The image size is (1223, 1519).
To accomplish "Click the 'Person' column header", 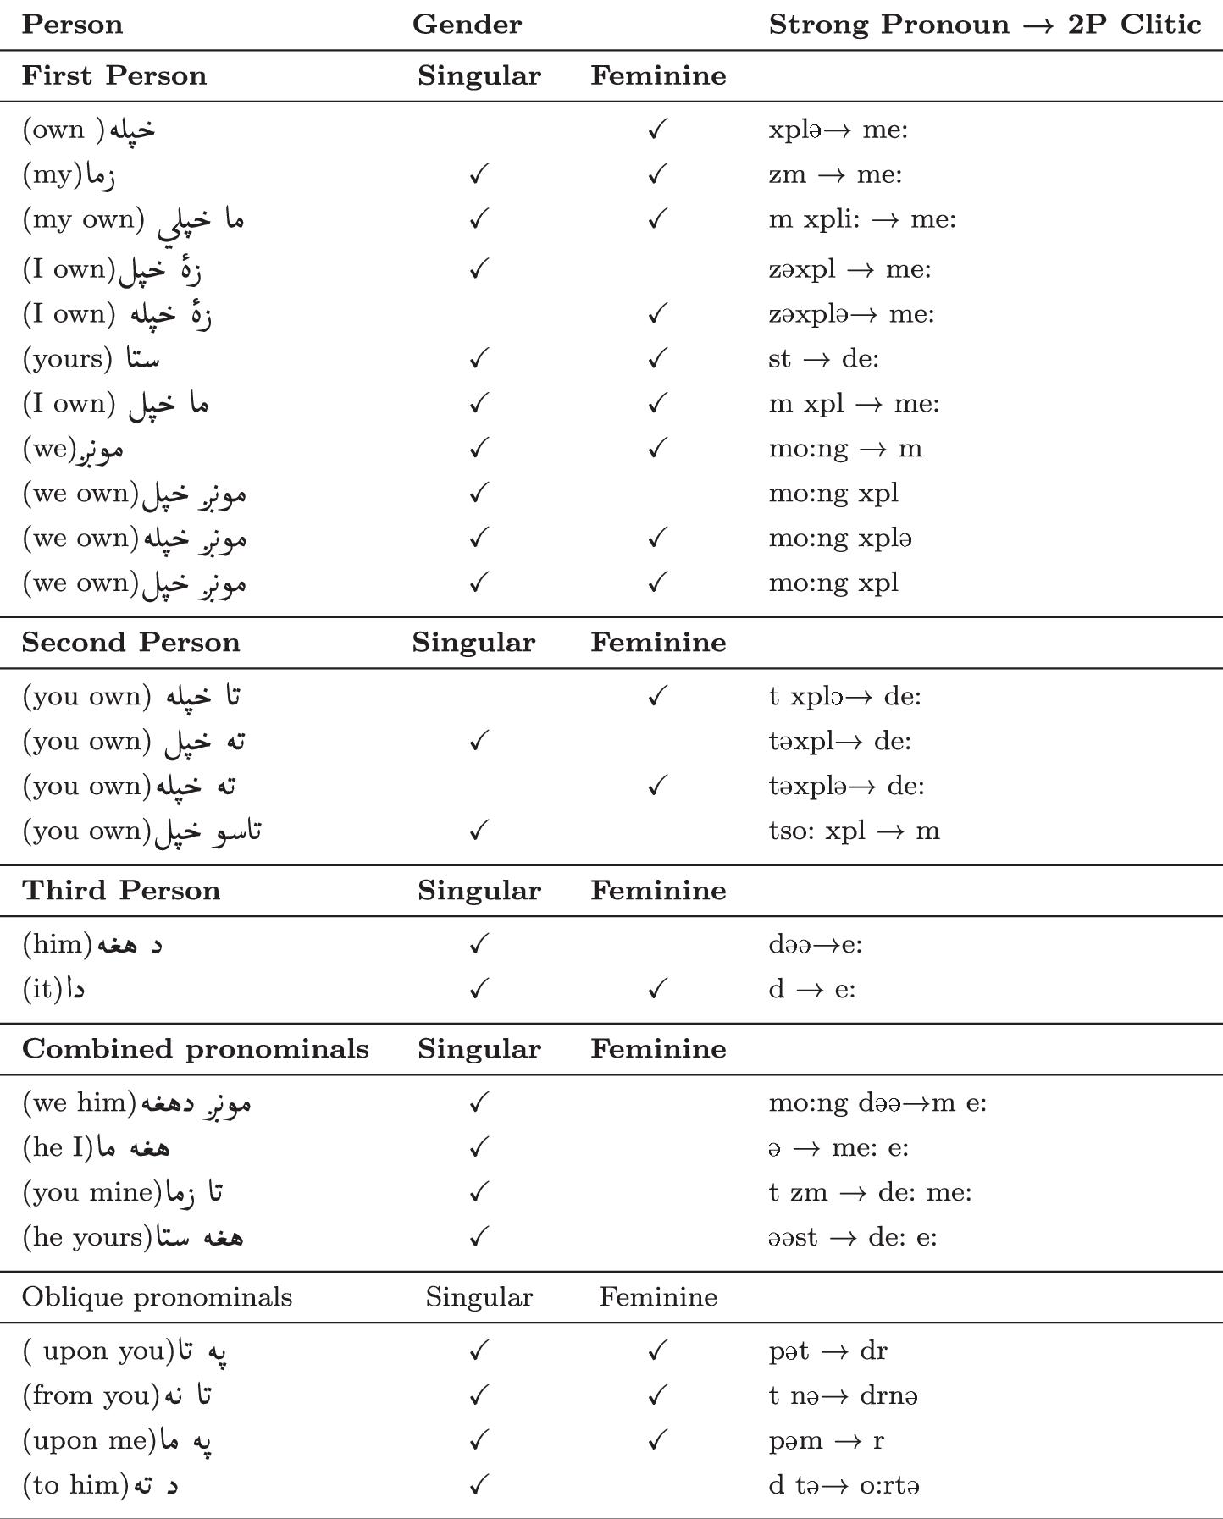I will point(72,25).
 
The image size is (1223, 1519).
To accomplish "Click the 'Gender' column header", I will point(467,25).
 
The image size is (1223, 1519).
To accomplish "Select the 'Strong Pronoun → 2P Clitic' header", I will point(984,25).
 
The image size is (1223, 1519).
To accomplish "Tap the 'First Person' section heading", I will point(114,75).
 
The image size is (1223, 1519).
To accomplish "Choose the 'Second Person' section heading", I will point(131,643).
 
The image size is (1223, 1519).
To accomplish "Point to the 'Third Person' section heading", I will point(121,891).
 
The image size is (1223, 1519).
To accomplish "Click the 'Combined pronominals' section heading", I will point(196,1049).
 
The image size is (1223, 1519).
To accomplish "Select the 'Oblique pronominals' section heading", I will point(158,1297).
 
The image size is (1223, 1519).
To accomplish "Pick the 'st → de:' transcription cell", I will point(823,359).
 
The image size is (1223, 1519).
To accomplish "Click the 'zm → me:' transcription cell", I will point(835,174).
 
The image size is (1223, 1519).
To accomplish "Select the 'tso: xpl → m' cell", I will point(854,831).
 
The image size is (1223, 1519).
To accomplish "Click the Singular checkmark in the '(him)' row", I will point(479,943).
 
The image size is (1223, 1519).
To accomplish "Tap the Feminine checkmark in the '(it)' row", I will point(657,989).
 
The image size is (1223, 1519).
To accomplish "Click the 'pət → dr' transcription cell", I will point(827,1351).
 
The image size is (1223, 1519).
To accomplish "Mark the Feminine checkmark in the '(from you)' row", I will point(657,1395).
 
